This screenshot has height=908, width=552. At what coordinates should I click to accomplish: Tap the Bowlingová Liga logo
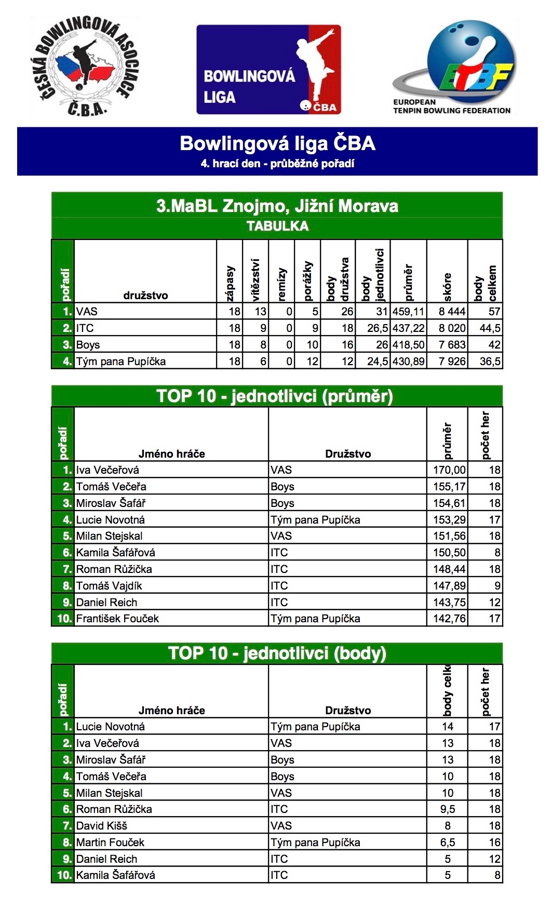(x=268, y=70)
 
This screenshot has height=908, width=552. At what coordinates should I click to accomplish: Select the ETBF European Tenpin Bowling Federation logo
(x=453, y=68)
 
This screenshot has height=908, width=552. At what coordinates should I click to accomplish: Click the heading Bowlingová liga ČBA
(x=277, y=144)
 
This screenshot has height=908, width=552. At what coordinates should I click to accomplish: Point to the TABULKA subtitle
(x=277, y=226)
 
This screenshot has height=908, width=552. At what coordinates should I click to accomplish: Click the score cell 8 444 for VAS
(x=448, y=312)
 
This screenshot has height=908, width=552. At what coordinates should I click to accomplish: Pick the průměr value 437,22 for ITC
(x=409, y=328)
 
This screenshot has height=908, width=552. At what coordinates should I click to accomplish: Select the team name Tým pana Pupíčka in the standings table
(x=121, y=362)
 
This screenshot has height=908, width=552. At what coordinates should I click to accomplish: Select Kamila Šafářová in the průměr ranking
(x=116, y=553)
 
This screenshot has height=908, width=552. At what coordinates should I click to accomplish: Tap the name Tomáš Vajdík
(x=109, y=586)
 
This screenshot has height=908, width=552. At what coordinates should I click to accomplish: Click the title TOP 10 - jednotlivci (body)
(x=277, y=653)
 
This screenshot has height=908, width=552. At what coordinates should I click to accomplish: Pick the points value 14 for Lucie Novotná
(x=448, y=727)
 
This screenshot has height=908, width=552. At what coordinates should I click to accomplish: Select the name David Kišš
(x=102, y=826)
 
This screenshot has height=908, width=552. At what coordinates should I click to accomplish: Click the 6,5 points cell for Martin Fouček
(x=448, y=843)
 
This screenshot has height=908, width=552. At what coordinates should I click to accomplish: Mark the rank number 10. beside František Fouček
(x=64, y=619)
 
